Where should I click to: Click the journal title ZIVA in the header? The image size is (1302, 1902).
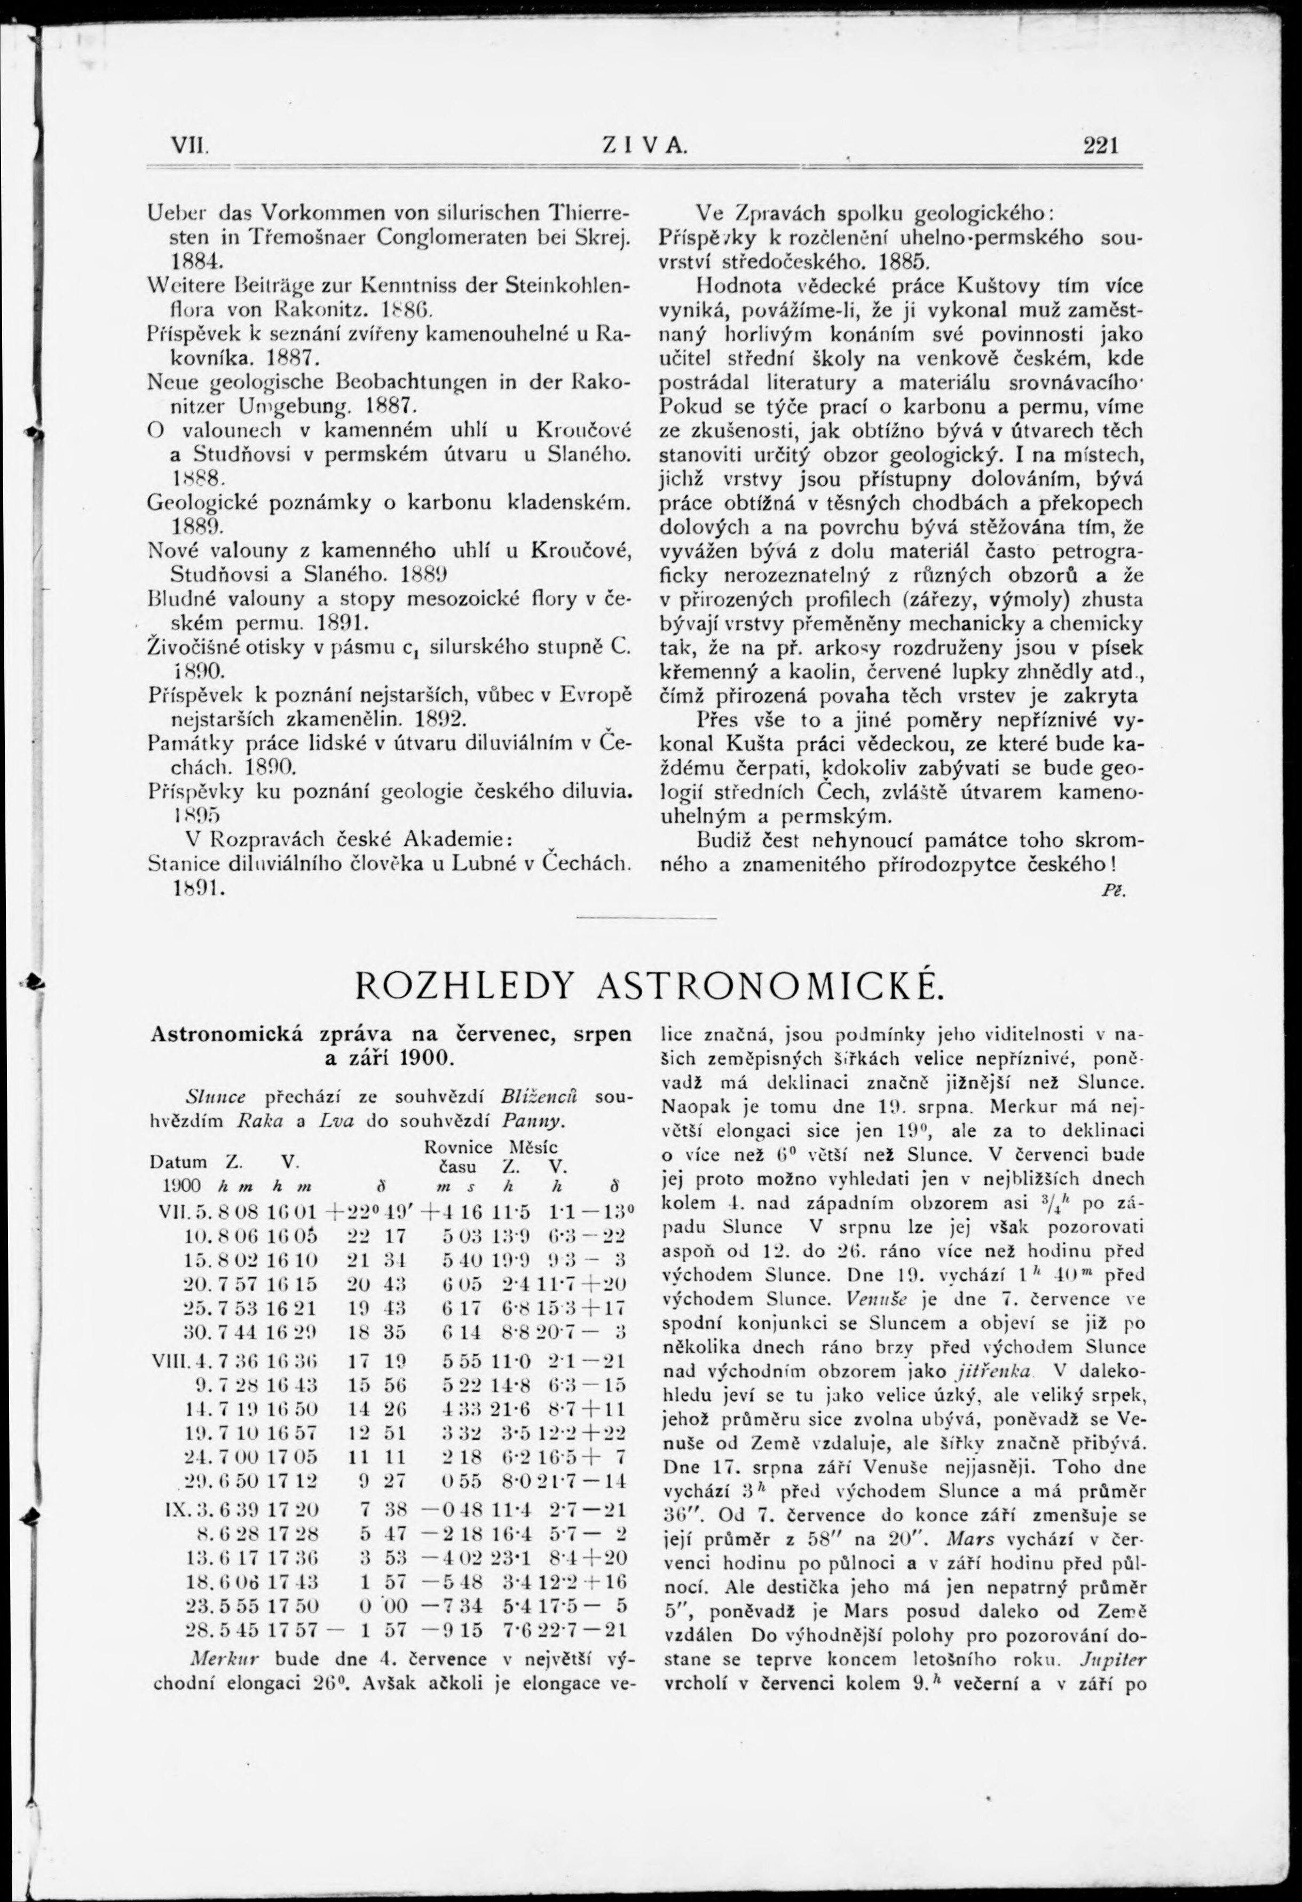coord(644,146)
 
